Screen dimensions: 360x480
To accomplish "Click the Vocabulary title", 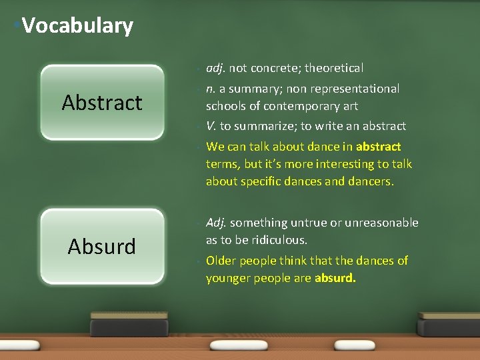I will [x=77, y=26].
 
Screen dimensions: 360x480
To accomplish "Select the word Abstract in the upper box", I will [x=102, y=103].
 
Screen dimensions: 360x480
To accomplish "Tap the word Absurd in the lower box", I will [x=102, y=247].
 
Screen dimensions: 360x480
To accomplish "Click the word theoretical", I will [x=334, y=68].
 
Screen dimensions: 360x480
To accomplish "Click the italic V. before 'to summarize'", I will [x=211, y=126].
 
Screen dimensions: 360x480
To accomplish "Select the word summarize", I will [x=265, y=126].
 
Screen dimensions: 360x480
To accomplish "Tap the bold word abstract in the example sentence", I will [x=379, y=147].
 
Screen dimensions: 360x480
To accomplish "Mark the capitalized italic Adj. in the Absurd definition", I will [x=216, y=223].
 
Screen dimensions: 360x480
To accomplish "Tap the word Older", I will [x=221, y=261].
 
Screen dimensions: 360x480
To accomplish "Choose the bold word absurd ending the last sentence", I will [x=335, y=278].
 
